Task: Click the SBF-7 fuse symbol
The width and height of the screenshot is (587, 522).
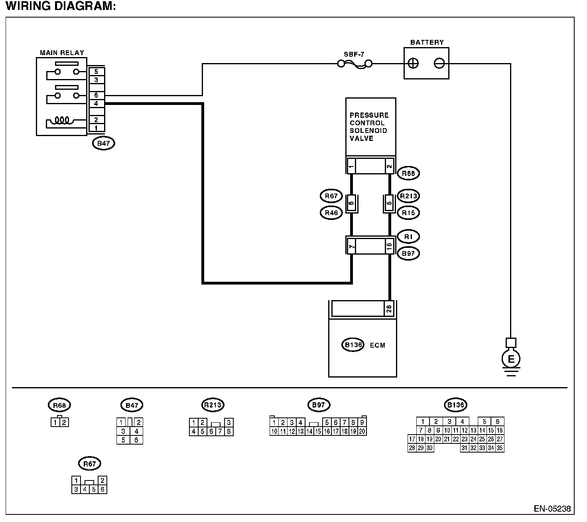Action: pyautogui.click(x=355, y=64)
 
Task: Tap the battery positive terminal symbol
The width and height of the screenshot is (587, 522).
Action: pyautogui.click(x=413, y=63)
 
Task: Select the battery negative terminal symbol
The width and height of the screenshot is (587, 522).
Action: pyautogui.click(x=439, y=63)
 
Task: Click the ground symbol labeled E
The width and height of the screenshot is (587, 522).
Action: pyautogui.click(x=511, y=359)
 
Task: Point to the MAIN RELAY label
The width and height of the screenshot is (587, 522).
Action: pyautogui.click(x=62, y=53)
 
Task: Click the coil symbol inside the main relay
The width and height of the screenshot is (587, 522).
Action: pyautogui.click(x=62, y=120)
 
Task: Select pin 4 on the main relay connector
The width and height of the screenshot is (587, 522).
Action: pyautogui.click(x=96, y=103)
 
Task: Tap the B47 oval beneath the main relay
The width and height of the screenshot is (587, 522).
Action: pyautogui.click(x=103, y=143)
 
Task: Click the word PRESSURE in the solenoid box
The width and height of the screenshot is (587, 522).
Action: pyautogui.click(x=369, y=115)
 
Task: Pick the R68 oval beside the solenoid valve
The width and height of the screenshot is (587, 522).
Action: pyautogui.click(x=408, y=174)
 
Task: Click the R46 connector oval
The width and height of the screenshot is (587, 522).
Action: pyautogui.click(x=331, y=213)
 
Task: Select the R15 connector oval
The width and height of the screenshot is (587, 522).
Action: pyautogui.click(x=408, y=213)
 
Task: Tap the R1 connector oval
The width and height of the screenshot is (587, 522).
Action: pyautogui.click(x=408, y=237)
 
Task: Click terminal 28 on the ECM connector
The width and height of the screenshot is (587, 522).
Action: pyautogui.click(x=389, y=308)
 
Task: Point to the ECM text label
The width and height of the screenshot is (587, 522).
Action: pyautogui.click(x=378, y=345)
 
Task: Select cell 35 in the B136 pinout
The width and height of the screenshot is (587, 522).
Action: pyautogui.click(x=500, y=448)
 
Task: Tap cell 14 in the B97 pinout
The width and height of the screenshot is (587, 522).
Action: pyautogui.click(x=309, y=431)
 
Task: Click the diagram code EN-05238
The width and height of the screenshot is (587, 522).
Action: pyautogui.click(x=552, y=509)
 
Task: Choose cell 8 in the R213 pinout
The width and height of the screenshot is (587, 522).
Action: pyautogui.click(x=228, y=431)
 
